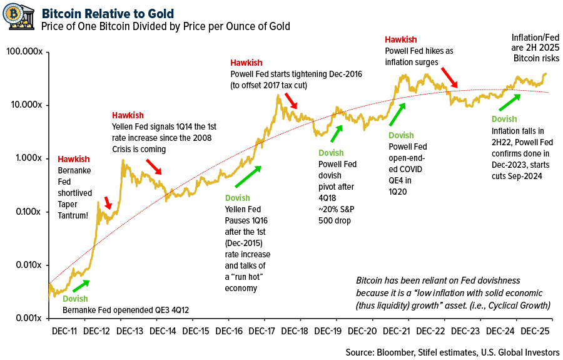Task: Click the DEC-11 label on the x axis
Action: pos(64,330)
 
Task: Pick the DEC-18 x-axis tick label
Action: pos(297,330)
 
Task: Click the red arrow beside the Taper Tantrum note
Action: pos(107,202)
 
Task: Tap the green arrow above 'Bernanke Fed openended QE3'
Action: pos(81,285)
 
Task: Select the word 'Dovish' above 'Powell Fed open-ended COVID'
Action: pos(401,135)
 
